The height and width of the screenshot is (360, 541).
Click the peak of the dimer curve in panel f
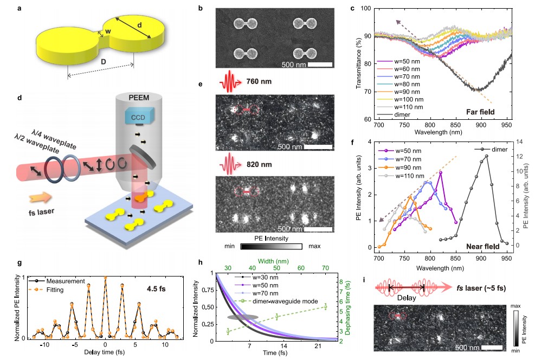pyautogui.click(x=486, y=156)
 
